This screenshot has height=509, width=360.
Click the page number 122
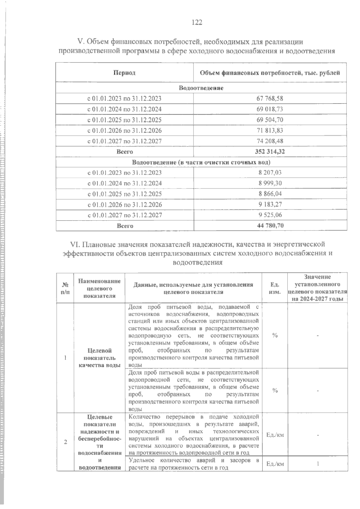197,23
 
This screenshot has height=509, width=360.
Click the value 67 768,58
270,98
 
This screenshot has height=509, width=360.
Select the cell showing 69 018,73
270,109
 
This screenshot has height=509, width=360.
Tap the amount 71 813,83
270,130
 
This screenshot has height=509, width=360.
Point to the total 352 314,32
270,152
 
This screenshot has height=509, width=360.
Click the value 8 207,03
270,173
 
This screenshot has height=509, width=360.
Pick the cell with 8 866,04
270,194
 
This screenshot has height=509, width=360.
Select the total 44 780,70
270,225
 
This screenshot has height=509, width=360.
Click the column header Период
124,73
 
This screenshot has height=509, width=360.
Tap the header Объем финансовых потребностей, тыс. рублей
270,73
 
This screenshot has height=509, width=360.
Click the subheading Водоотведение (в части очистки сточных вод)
201,162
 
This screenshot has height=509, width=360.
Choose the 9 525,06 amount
270,215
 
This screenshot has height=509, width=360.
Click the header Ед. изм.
274,288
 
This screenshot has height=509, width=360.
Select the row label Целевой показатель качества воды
99,358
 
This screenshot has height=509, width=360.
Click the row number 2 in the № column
65,442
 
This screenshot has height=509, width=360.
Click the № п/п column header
65,288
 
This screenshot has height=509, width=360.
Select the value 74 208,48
270,141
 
